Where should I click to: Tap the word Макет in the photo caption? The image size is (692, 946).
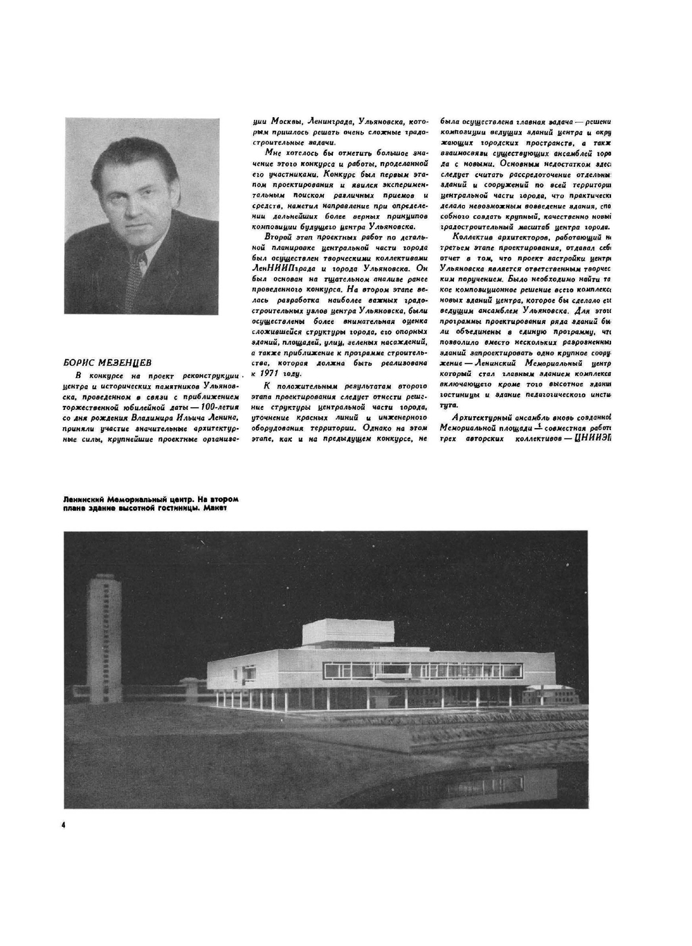(x=215, y=507)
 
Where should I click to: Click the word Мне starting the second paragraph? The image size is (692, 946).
(x=273, y=152)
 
